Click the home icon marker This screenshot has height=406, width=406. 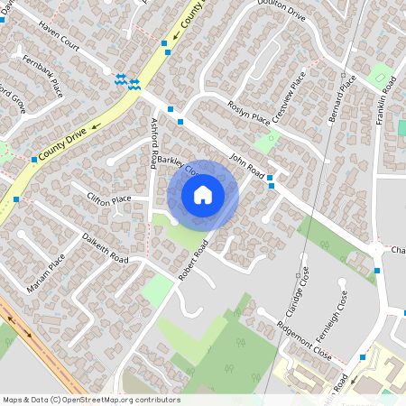203,194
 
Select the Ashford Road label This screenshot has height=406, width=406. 154,143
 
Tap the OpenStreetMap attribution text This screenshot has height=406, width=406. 91,399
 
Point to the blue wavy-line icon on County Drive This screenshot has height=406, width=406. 127,82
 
